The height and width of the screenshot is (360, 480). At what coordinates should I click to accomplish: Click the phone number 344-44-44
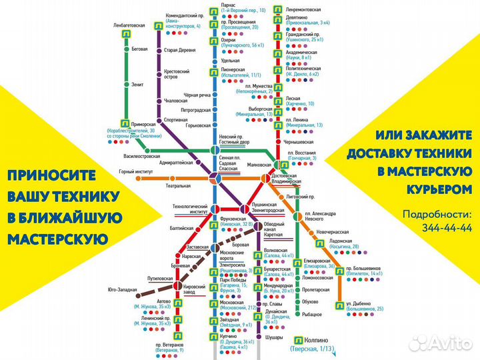tap(440, 227)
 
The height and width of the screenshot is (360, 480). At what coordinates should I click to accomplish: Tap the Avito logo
tap(441, 343)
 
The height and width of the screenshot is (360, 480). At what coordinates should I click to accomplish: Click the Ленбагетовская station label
tap(129, 25)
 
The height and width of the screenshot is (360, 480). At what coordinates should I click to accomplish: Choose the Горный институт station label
tap(137, 172)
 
